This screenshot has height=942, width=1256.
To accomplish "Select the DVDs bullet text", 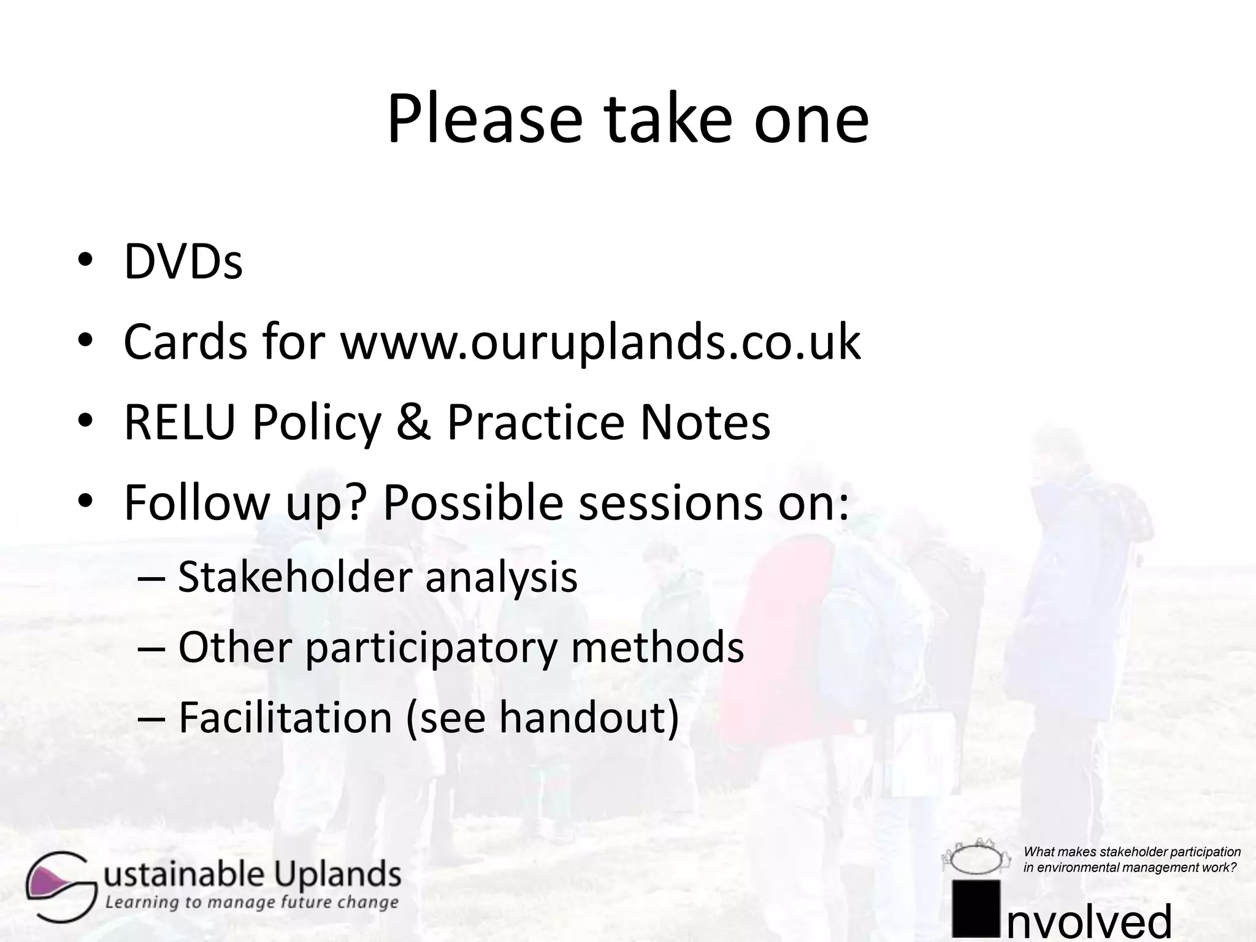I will (x=183, y=262).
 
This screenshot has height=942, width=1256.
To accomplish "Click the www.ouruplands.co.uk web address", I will (x=600, y=342).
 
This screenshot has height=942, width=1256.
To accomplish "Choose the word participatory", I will (x=431, y=648).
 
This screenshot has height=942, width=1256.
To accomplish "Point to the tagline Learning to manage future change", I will (x=251, y=903).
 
